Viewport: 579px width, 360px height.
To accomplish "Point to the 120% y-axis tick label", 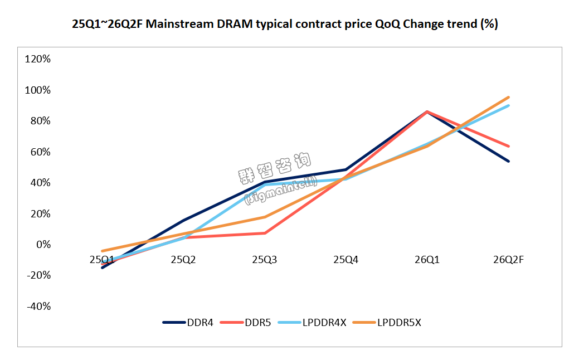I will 38,59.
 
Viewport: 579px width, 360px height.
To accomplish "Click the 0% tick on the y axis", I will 42,245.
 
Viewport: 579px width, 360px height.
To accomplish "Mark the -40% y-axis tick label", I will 38,307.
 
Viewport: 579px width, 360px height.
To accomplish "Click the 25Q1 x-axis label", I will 102,259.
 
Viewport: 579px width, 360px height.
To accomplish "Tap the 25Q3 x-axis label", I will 264,259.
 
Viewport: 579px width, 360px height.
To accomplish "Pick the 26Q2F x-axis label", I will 508,259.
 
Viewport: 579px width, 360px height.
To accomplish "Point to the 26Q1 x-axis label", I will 427,259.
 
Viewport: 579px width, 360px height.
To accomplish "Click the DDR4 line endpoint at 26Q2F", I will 508,161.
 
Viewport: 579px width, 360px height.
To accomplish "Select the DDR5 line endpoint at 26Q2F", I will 508,146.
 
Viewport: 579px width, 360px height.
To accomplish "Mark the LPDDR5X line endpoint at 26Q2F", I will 508,97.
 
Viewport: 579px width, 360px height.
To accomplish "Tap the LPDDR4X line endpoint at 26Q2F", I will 508,105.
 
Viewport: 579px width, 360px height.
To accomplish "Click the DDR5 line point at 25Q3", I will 265,233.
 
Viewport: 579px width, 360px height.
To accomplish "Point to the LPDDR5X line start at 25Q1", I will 102,251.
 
